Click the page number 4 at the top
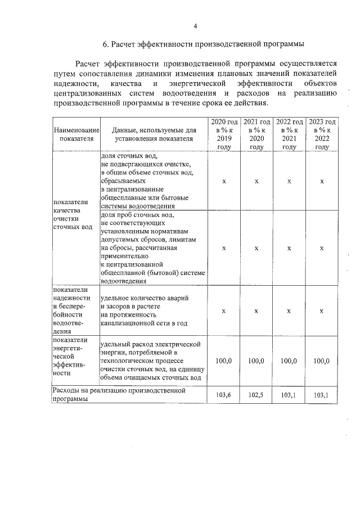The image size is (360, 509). click(x=195, y=26)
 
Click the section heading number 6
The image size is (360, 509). click(x=105, y=44)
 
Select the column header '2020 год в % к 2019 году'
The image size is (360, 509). click(x=224, y=134)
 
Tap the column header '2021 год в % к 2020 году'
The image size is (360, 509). click(x=256, y=134)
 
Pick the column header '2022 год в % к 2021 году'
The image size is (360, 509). click(x=289, y=134)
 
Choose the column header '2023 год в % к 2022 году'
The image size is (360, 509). click(x=322, y=134)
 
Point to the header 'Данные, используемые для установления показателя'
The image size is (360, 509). click(x=153, y=134)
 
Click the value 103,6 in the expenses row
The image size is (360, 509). click(x=224, y=395)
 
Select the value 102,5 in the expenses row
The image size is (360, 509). click(x=256, y=395)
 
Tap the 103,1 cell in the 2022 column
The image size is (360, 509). click(x=289, y=395)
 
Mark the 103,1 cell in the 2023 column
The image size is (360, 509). click(x=322, y=395)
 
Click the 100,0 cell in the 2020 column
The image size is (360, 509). click(x=224, y=361)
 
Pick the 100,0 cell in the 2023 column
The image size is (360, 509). click(x=322, y=361)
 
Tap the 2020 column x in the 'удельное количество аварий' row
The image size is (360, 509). click(x=224, y=310)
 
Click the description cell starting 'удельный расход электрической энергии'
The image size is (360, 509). click(x=152, y=361)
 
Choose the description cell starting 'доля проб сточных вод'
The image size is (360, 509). click(x=152, y=248)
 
